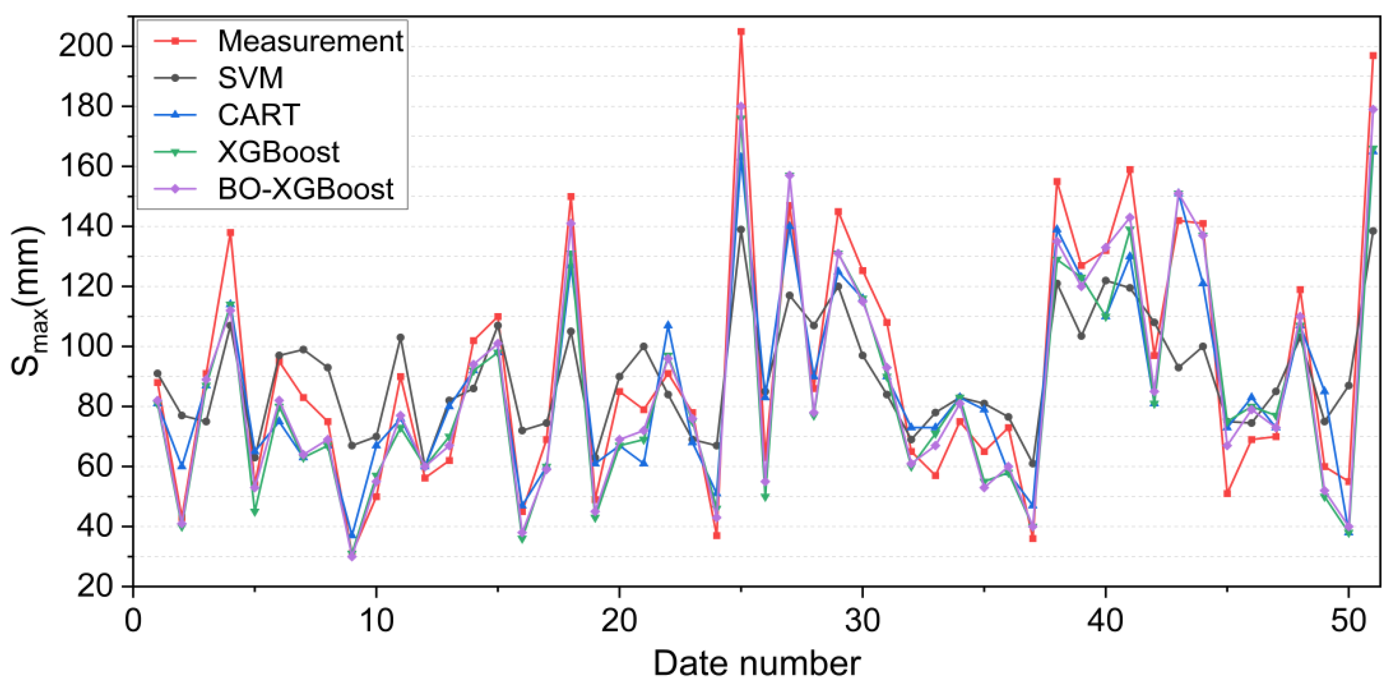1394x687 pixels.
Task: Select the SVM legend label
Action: (x=250, y=78)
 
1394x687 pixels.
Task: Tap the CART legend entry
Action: (x=259, y=115)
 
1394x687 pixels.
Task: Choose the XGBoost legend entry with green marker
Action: (x=278, y=152)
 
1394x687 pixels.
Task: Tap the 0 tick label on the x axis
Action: (x=133, y=621)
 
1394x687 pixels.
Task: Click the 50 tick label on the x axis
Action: (x=1349, y=621)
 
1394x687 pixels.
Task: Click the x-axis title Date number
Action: (x=757, y=664)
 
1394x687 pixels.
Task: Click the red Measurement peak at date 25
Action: (x=741, y=31)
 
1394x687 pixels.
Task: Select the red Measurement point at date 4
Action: (x=230, y=233)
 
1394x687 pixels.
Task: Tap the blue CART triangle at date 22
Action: (x=668, y=325)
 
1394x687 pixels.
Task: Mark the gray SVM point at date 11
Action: (x=400, y=337)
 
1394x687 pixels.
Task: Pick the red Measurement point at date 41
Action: (x=1130, y=169)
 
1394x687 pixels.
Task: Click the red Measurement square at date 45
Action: (x=1227, y=493)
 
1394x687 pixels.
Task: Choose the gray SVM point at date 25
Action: (x=741, y=229)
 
